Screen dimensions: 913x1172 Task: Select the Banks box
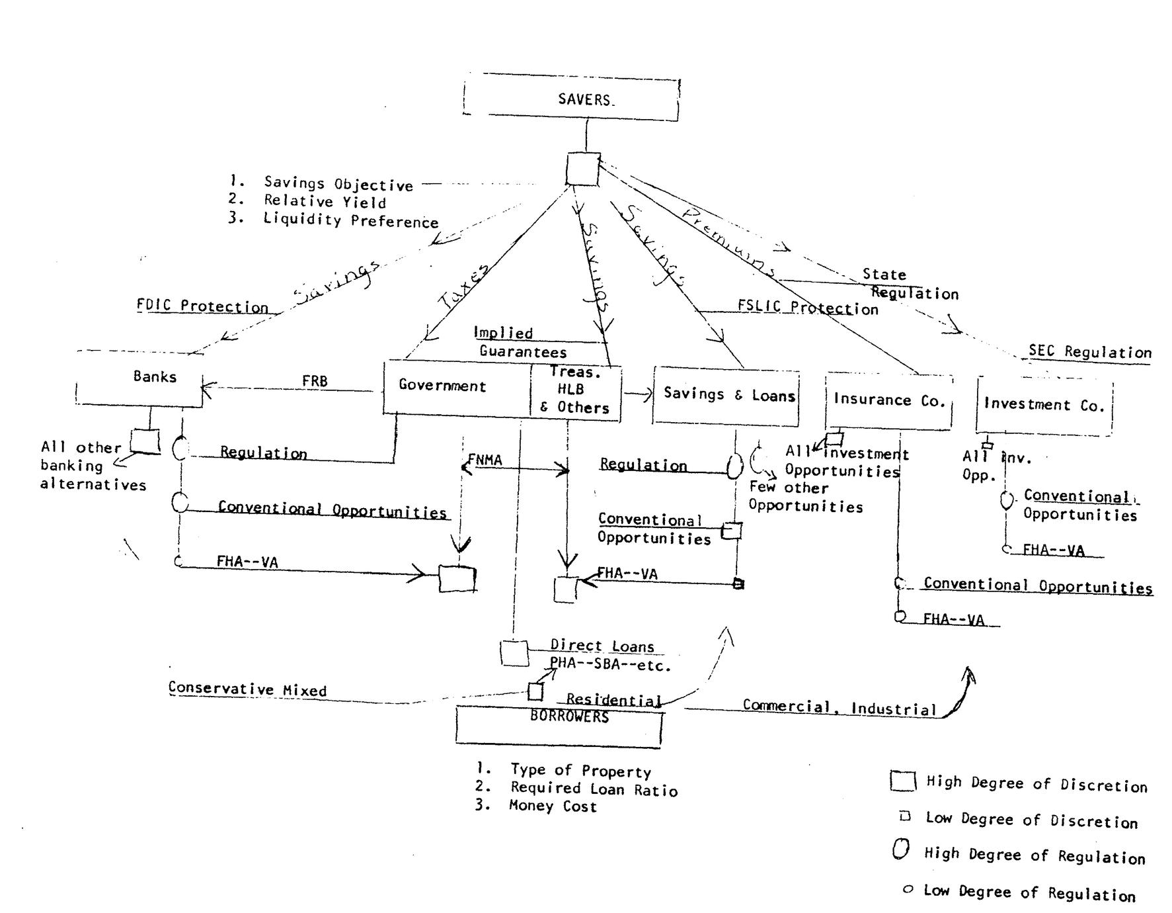[x=140, y=378]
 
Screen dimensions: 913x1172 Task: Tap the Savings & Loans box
[x=726, y=396]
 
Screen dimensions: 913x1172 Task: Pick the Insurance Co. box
[x=889, y=401]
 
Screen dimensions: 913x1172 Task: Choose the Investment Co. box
[x=1044, y=406]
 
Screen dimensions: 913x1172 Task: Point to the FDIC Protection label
[x=202, y=306]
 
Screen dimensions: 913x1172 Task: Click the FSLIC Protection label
[x=808, y=308]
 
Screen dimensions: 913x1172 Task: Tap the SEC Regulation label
[x=1090, y=352]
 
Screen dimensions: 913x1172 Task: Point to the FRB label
[x=315, y=381]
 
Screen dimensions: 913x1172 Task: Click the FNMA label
[x=485, y=460]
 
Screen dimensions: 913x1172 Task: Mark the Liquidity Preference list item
[x=350, y=220]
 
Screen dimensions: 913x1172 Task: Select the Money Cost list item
[x=553, y=806]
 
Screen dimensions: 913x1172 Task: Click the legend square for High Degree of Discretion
[x=902, y=781]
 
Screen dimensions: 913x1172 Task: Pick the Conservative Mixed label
[x=247, y=689]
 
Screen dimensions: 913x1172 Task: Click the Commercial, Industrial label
[x=839, y=707]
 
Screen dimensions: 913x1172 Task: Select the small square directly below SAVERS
[x=583, y=169]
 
